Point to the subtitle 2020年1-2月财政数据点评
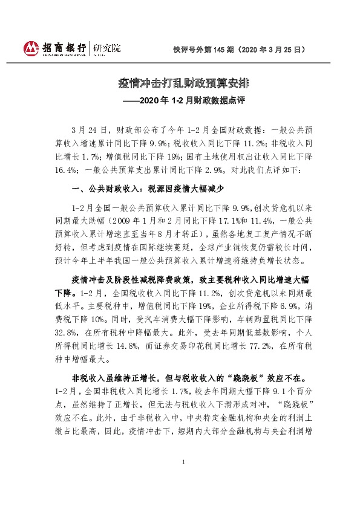[180, 99]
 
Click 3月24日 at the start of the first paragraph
[88, 130]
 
